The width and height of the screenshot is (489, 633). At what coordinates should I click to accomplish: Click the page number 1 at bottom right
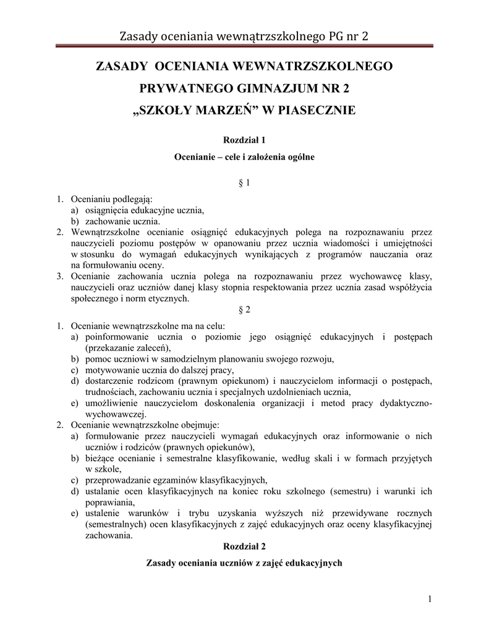click(x=428, y=600)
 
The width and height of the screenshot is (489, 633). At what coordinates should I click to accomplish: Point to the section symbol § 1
click(x=244, y=183)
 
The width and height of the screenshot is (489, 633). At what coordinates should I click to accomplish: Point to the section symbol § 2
click(x=244, y=310)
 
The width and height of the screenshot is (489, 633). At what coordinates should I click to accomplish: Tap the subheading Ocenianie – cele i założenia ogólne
click(x=244, y=157)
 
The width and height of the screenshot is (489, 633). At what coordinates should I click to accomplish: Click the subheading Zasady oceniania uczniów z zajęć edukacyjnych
click(x=244, y=563)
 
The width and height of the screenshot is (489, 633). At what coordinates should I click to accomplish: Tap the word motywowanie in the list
click(x=109, y=370)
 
